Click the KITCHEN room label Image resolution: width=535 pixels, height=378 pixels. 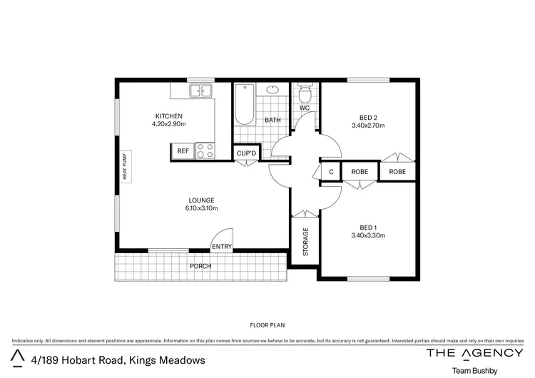[169, 116]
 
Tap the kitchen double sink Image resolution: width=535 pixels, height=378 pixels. [200, 91]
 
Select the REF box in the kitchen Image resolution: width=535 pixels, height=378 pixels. [183, 150]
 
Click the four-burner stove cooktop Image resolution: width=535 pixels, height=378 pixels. [205, 150]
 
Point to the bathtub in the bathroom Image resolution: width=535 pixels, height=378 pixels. [244, 104]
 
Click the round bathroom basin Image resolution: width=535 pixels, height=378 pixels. [272, 90]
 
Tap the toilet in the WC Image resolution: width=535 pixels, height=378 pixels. [305, 93]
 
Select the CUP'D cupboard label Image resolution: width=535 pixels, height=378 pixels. [246, 153]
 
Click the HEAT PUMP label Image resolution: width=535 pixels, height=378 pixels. [124, 169]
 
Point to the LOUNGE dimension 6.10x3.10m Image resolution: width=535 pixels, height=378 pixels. [201, 208]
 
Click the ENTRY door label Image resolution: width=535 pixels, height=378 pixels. [221, 247]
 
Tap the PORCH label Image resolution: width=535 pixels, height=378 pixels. [200, 266]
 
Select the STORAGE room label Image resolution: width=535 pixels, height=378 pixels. [305, 242]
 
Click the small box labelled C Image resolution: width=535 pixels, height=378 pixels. [331, 172]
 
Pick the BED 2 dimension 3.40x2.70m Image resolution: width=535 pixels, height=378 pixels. [368, 126]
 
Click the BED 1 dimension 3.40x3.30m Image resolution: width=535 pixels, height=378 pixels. [368, 235]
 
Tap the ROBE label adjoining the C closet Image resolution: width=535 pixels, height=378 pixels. [359, 172]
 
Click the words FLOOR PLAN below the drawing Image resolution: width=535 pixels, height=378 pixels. [267, 325]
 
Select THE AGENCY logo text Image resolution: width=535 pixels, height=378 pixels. [474, 353]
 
